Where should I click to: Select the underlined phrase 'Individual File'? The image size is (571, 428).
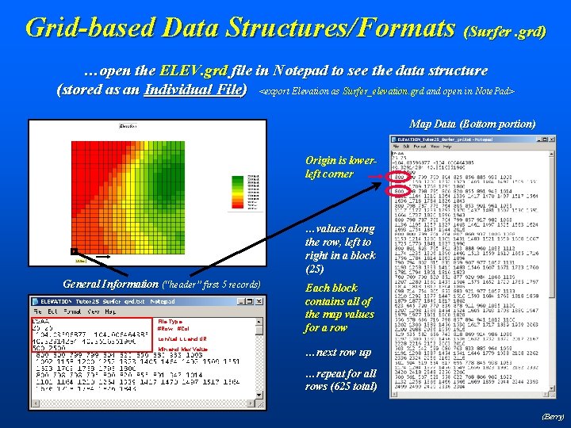(195, 89)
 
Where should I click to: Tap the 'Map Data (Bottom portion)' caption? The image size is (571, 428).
(472, 124)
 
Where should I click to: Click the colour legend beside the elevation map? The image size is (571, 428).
(254, 193)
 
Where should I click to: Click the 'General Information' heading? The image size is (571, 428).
(110, 284)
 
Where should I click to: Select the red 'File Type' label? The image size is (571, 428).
(170, 321)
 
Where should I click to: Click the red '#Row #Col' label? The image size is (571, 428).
(173, 329)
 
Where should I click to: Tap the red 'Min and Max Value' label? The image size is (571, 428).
(182, 348)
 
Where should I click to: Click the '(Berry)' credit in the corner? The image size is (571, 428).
(552, 415)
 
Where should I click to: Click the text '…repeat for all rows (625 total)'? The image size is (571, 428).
(341, 379)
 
